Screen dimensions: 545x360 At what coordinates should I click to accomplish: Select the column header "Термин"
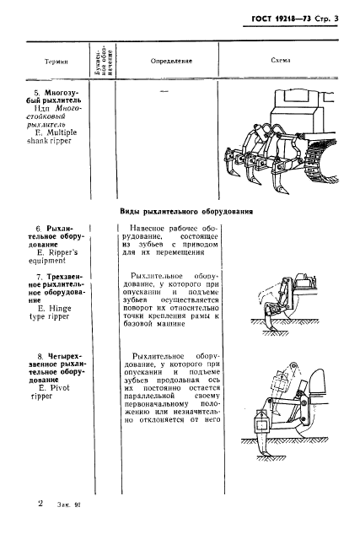click(x=56, y=62)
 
